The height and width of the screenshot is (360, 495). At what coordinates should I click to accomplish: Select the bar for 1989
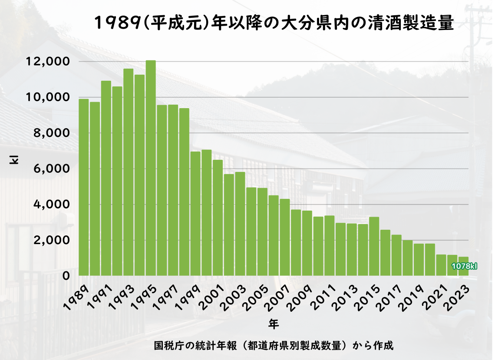pos(84,187)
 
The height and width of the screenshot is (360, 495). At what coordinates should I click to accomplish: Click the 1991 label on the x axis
pos(102,295)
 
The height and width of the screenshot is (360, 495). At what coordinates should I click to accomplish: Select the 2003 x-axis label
pos(235,295)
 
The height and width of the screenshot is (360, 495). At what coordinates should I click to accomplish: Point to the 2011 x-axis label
pos(324,295)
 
